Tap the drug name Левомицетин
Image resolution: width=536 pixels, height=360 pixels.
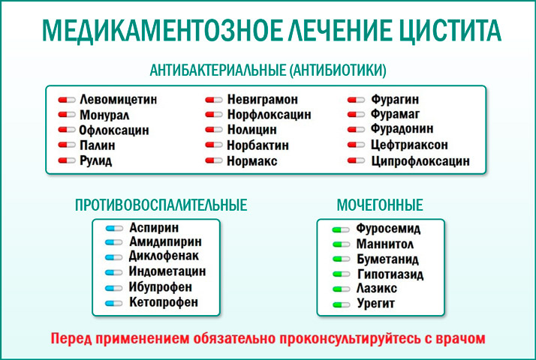coord(118,99)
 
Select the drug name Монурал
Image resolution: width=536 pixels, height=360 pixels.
coord(104,115)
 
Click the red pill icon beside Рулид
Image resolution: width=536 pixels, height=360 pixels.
coord(68,161)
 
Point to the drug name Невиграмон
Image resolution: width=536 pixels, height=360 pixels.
coord(263,99)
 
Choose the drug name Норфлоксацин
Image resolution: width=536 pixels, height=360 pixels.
coord(270,115)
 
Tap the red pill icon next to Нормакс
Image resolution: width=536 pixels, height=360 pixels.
coord(215,161)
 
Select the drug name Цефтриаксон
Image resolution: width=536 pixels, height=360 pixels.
coord(410,145)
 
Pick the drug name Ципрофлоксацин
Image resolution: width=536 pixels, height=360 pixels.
coord(420,161)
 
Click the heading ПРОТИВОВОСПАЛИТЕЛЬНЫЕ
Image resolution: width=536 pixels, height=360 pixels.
coord(161,205)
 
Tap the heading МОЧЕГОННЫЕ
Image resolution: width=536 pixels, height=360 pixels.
coord(381,205)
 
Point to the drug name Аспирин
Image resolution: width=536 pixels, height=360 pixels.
coord(155,228)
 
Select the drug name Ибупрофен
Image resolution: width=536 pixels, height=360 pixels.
coord(161,287)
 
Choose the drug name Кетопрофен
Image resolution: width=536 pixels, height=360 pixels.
coord(164,302)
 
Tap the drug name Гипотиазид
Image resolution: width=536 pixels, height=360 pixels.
coord(390,274)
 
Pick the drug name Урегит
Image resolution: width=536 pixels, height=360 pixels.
coord(376,304)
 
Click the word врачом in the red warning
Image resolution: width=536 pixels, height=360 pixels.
coord(460,338)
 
